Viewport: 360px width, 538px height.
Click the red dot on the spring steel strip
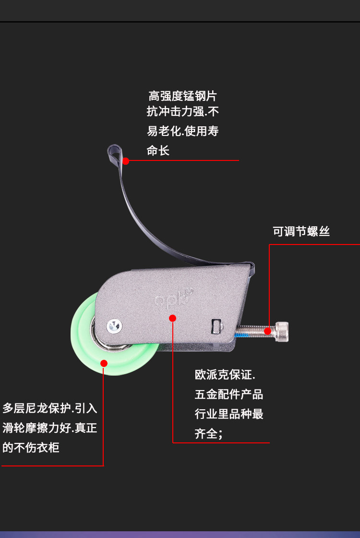(x=126, y=161)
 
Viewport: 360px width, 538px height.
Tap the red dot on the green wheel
(x=103, y=363)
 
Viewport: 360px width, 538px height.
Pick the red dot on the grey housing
(x=173, y=318)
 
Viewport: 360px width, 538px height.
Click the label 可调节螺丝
(x=301, y=232)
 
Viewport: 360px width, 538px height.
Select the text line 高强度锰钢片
(x=183, y=96)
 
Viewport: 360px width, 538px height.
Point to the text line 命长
(x=158, y=151)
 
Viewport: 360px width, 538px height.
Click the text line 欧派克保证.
(x=225, y=375)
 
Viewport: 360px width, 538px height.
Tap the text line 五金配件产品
(x=229, y=395)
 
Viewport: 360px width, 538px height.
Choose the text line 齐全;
(x=209, y=434)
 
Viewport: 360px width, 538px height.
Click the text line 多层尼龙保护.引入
(x=50, y=408)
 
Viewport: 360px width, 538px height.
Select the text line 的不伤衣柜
(x=31, y=448)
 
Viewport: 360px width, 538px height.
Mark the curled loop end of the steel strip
(x=113, y=153)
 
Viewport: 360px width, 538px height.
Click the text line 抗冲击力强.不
(x=183, y=112)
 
